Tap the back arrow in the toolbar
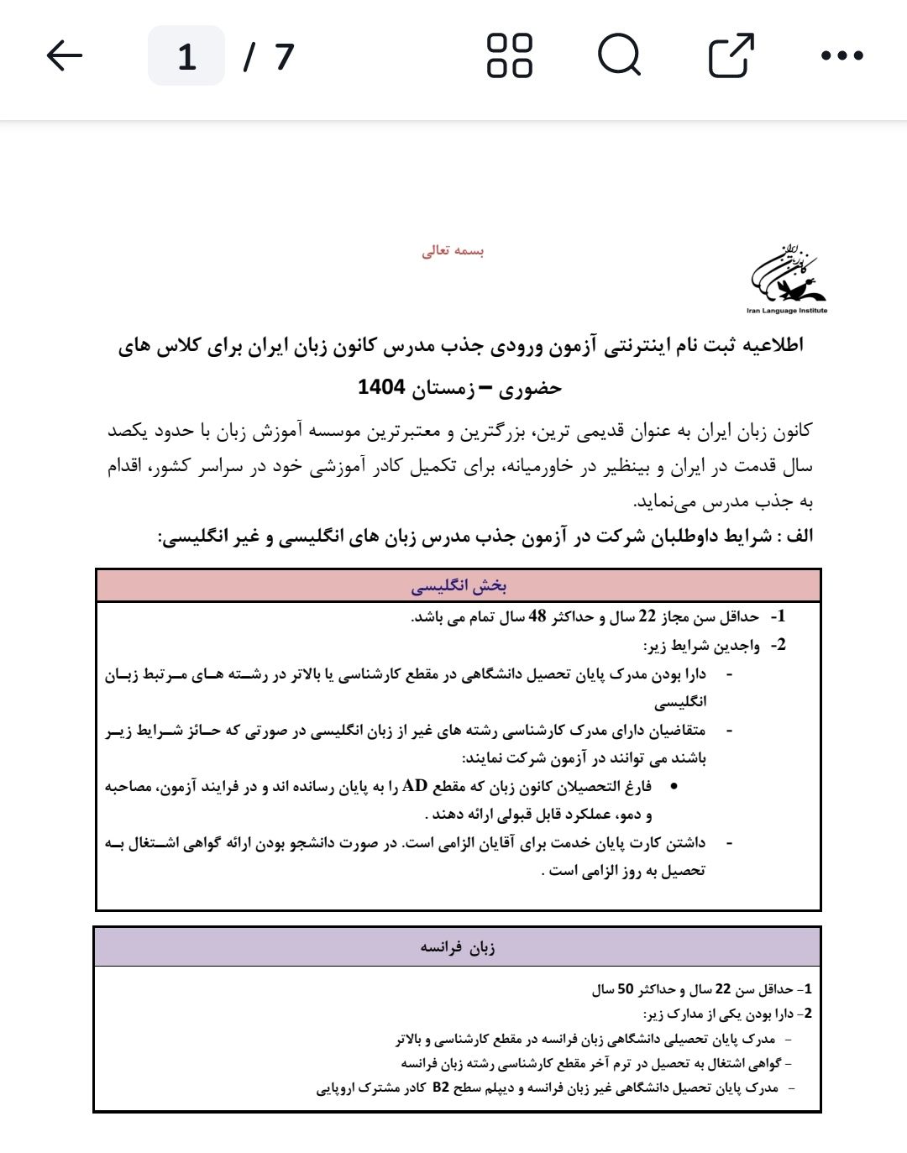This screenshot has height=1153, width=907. (x=65, y=56)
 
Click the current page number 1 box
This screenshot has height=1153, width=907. (x=186, y=56)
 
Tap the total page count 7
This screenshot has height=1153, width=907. (x=285, y=56)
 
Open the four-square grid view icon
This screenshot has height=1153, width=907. (x=510, y=56)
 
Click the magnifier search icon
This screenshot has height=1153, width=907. (x=620, y=56)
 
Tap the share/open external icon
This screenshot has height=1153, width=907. (x=731, y=56)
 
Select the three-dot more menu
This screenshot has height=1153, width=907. (x=841, y=56)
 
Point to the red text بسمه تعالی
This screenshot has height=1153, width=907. (x=453, y=251)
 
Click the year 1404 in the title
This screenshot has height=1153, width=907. (x=381, y=387)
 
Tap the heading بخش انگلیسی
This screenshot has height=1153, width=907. (x=459, y=586)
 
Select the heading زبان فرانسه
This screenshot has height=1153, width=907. (x=458, y=947)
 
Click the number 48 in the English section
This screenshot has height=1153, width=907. (x=537, y=617)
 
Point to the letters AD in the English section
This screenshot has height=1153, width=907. (x=415, y=786)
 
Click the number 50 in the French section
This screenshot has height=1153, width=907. (x=626, y=989)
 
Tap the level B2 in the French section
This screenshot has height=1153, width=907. (x=441, y=1087)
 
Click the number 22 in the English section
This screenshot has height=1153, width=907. (x=647, y=617)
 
